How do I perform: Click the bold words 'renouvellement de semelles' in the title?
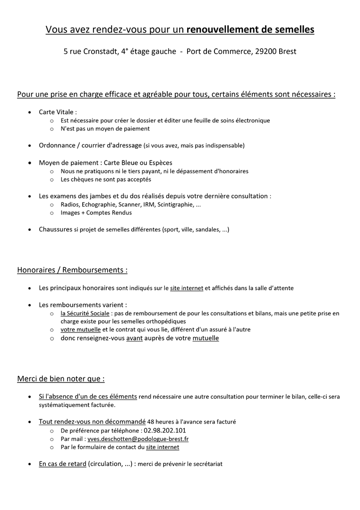coord(250,30)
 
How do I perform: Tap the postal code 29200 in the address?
coord(266,51)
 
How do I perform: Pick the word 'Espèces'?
coord(160,162)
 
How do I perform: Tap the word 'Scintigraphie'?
coord(175,204)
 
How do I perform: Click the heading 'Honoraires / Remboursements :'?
coord(72,270)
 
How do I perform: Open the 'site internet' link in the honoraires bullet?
coord(187,288)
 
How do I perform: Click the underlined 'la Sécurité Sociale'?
coord(85,313)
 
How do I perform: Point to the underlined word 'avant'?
coord(135,338)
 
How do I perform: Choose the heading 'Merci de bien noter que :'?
coord(61,379)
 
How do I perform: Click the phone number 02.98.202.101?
coord(162,430)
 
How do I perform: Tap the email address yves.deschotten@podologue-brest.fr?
coord(138,439)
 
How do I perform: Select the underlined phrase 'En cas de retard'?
coord(62,464)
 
